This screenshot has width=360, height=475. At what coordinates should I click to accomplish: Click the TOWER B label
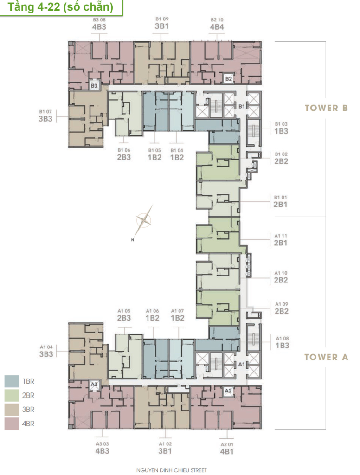(326, 108)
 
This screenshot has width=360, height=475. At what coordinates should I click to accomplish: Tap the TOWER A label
(326, 357)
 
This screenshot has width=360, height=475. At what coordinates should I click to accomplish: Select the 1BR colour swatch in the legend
(12, 381)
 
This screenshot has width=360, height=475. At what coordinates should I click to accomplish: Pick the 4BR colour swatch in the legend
(12, 424)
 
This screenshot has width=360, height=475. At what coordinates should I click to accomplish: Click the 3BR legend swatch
(12, 410)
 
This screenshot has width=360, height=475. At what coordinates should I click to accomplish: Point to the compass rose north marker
(132, 240)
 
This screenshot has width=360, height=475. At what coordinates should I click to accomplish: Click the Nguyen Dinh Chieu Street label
(172, 470)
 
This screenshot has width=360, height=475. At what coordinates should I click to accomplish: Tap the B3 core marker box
(94, 86)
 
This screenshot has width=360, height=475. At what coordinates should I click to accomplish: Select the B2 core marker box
(229, 79)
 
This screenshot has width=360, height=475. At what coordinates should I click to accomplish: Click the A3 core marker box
(94, 385)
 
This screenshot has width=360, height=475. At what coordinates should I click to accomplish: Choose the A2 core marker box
(228, 391)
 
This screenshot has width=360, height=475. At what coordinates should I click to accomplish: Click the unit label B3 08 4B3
(99, 24)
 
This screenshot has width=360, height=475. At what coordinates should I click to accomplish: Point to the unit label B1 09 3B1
(162, 23)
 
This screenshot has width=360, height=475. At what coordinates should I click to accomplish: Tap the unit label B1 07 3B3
(45, 116)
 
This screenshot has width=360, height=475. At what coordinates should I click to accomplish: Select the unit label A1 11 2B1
(281, 240)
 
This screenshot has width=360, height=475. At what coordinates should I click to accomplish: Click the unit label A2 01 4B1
(227, 449)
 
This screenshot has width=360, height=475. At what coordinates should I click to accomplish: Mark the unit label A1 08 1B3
(282, 342)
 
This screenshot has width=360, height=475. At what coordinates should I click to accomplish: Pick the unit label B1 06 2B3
(124, 154)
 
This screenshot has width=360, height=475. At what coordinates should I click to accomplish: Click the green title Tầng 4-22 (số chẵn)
(60, 6)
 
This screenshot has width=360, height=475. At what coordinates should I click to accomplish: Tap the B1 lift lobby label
(242, 106)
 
